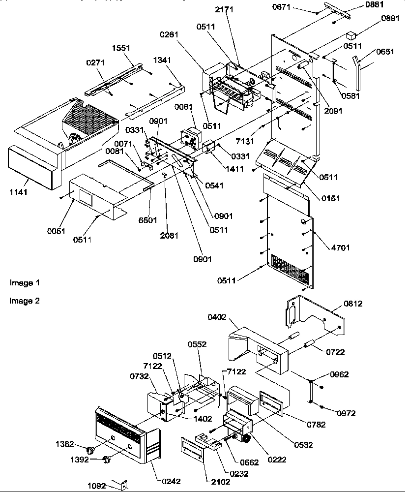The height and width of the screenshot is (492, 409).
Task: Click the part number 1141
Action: coord(18,192)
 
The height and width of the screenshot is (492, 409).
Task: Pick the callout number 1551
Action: coord(121,49)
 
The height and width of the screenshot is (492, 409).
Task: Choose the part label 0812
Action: coord(353,304)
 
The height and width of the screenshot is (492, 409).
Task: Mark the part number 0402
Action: coord(217,317)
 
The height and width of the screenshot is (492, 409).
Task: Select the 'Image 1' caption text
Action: coord(24,283)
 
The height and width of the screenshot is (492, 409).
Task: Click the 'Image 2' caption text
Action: coord(24,301)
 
